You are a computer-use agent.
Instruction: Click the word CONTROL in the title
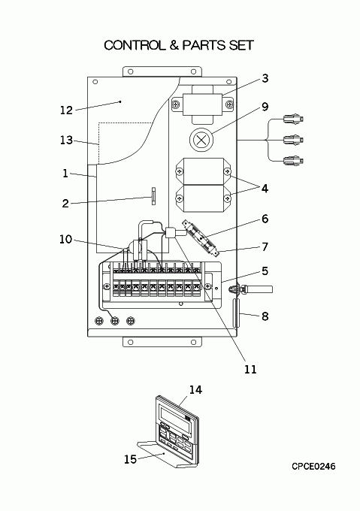coord(135,45)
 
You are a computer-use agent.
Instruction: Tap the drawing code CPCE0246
coord(313,467)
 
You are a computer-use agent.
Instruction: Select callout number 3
coord(265,78)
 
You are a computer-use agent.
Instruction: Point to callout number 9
coord(265,107)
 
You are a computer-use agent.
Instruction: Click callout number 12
coord(66,110)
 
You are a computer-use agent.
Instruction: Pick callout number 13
coord(66,140)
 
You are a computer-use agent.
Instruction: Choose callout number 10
coord(65,239)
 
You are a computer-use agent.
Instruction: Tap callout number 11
coord(250,369)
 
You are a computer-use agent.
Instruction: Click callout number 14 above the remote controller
coord(195,389)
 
